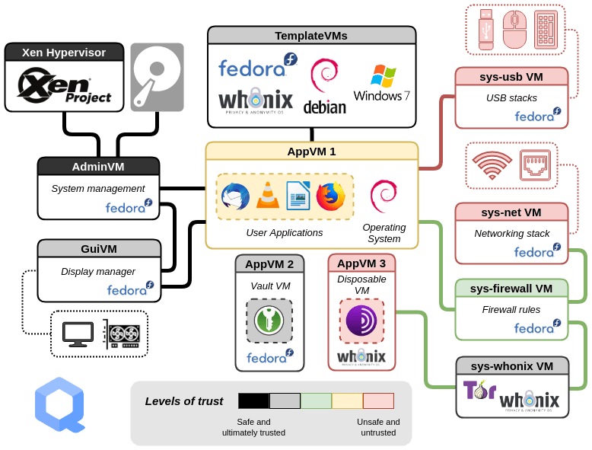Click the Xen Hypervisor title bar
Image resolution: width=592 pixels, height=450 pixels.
64,53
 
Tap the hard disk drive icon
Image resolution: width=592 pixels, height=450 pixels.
157,77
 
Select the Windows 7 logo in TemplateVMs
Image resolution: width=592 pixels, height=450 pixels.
382,83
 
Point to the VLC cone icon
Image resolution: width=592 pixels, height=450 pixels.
267,196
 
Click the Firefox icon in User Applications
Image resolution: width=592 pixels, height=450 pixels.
330,196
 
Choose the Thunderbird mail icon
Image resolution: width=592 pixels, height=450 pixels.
235,196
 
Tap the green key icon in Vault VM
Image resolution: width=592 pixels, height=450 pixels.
269,320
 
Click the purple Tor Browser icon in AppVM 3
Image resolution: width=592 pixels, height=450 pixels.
361,321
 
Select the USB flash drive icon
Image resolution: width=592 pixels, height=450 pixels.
485,30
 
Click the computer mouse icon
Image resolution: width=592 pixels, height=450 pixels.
514,30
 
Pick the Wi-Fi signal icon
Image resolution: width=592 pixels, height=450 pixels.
492,164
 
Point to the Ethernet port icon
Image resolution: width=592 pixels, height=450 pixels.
535,165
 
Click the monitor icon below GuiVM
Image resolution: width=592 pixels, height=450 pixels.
78,334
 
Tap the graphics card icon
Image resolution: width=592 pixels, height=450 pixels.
122,334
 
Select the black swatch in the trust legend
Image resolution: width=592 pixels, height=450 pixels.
253,401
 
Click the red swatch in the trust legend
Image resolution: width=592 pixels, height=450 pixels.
378,401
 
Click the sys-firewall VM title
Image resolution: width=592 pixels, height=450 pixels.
511,288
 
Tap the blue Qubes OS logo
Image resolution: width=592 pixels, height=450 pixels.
59,404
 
